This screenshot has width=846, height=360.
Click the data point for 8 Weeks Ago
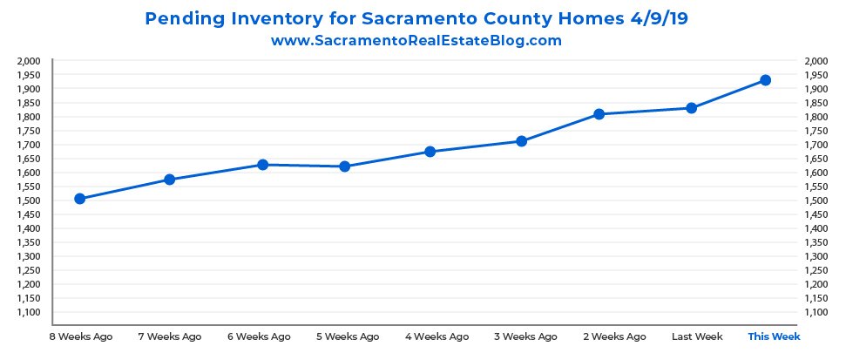pos(79,199)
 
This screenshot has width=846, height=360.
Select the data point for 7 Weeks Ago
pos(170,180)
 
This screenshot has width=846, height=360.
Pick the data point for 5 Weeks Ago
pos(345,166)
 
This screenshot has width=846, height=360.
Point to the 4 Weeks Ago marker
pos(430,152)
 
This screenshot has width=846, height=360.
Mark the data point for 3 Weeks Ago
pos(521,141)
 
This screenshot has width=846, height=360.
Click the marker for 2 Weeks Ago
pos(599,114)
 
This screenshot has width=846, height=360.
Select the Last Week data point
pos(691,108)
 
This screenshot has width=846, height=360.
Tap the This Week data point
pos(766,80)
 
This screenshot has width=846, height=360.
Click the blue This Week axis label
pos(774,336)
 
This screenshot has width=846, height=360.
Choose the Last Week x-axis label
pos(696,336)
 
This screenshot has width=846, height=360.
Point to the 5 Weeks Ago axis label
pos(347,336)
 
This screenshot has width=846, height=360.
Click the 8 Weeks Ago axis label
pos(79,336)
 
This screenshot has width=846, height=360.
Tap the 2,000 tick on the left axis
pos(29,61)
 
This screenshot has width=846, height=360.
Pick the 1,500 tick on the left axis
pos(29,200)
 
